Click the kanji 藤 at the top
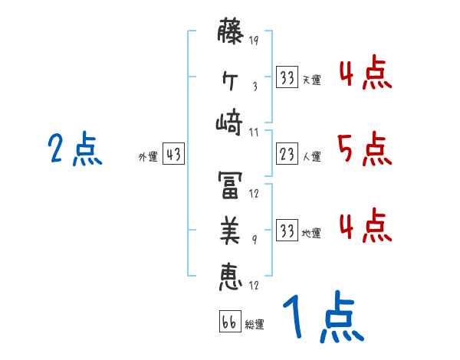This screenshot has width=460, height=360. pos(231,34)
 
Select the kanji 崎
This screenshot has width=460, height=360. pos(231,122)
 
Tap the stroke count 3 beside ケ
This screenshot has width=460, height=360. pos(255,86)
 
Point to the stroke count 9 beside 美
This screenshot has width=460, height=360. pos(255,239)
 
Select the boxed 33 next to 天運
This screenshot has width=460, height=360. pos(287,78)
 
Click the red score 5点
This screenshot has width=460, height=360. pos(365,149)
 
